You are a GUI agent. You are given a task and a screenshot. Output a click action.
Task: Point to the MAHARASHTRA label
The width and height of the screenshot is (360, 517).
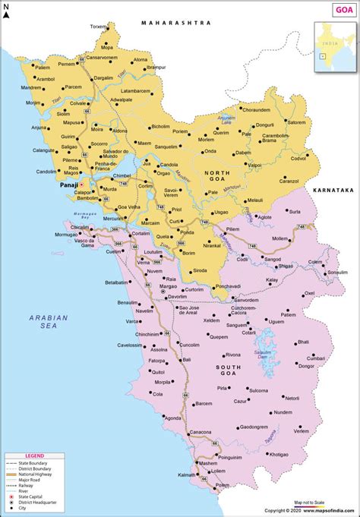coord(176,24)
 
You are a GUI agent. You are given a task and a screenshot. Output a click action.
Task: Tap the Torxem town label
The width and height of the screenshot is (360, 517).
coord(99,27)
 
